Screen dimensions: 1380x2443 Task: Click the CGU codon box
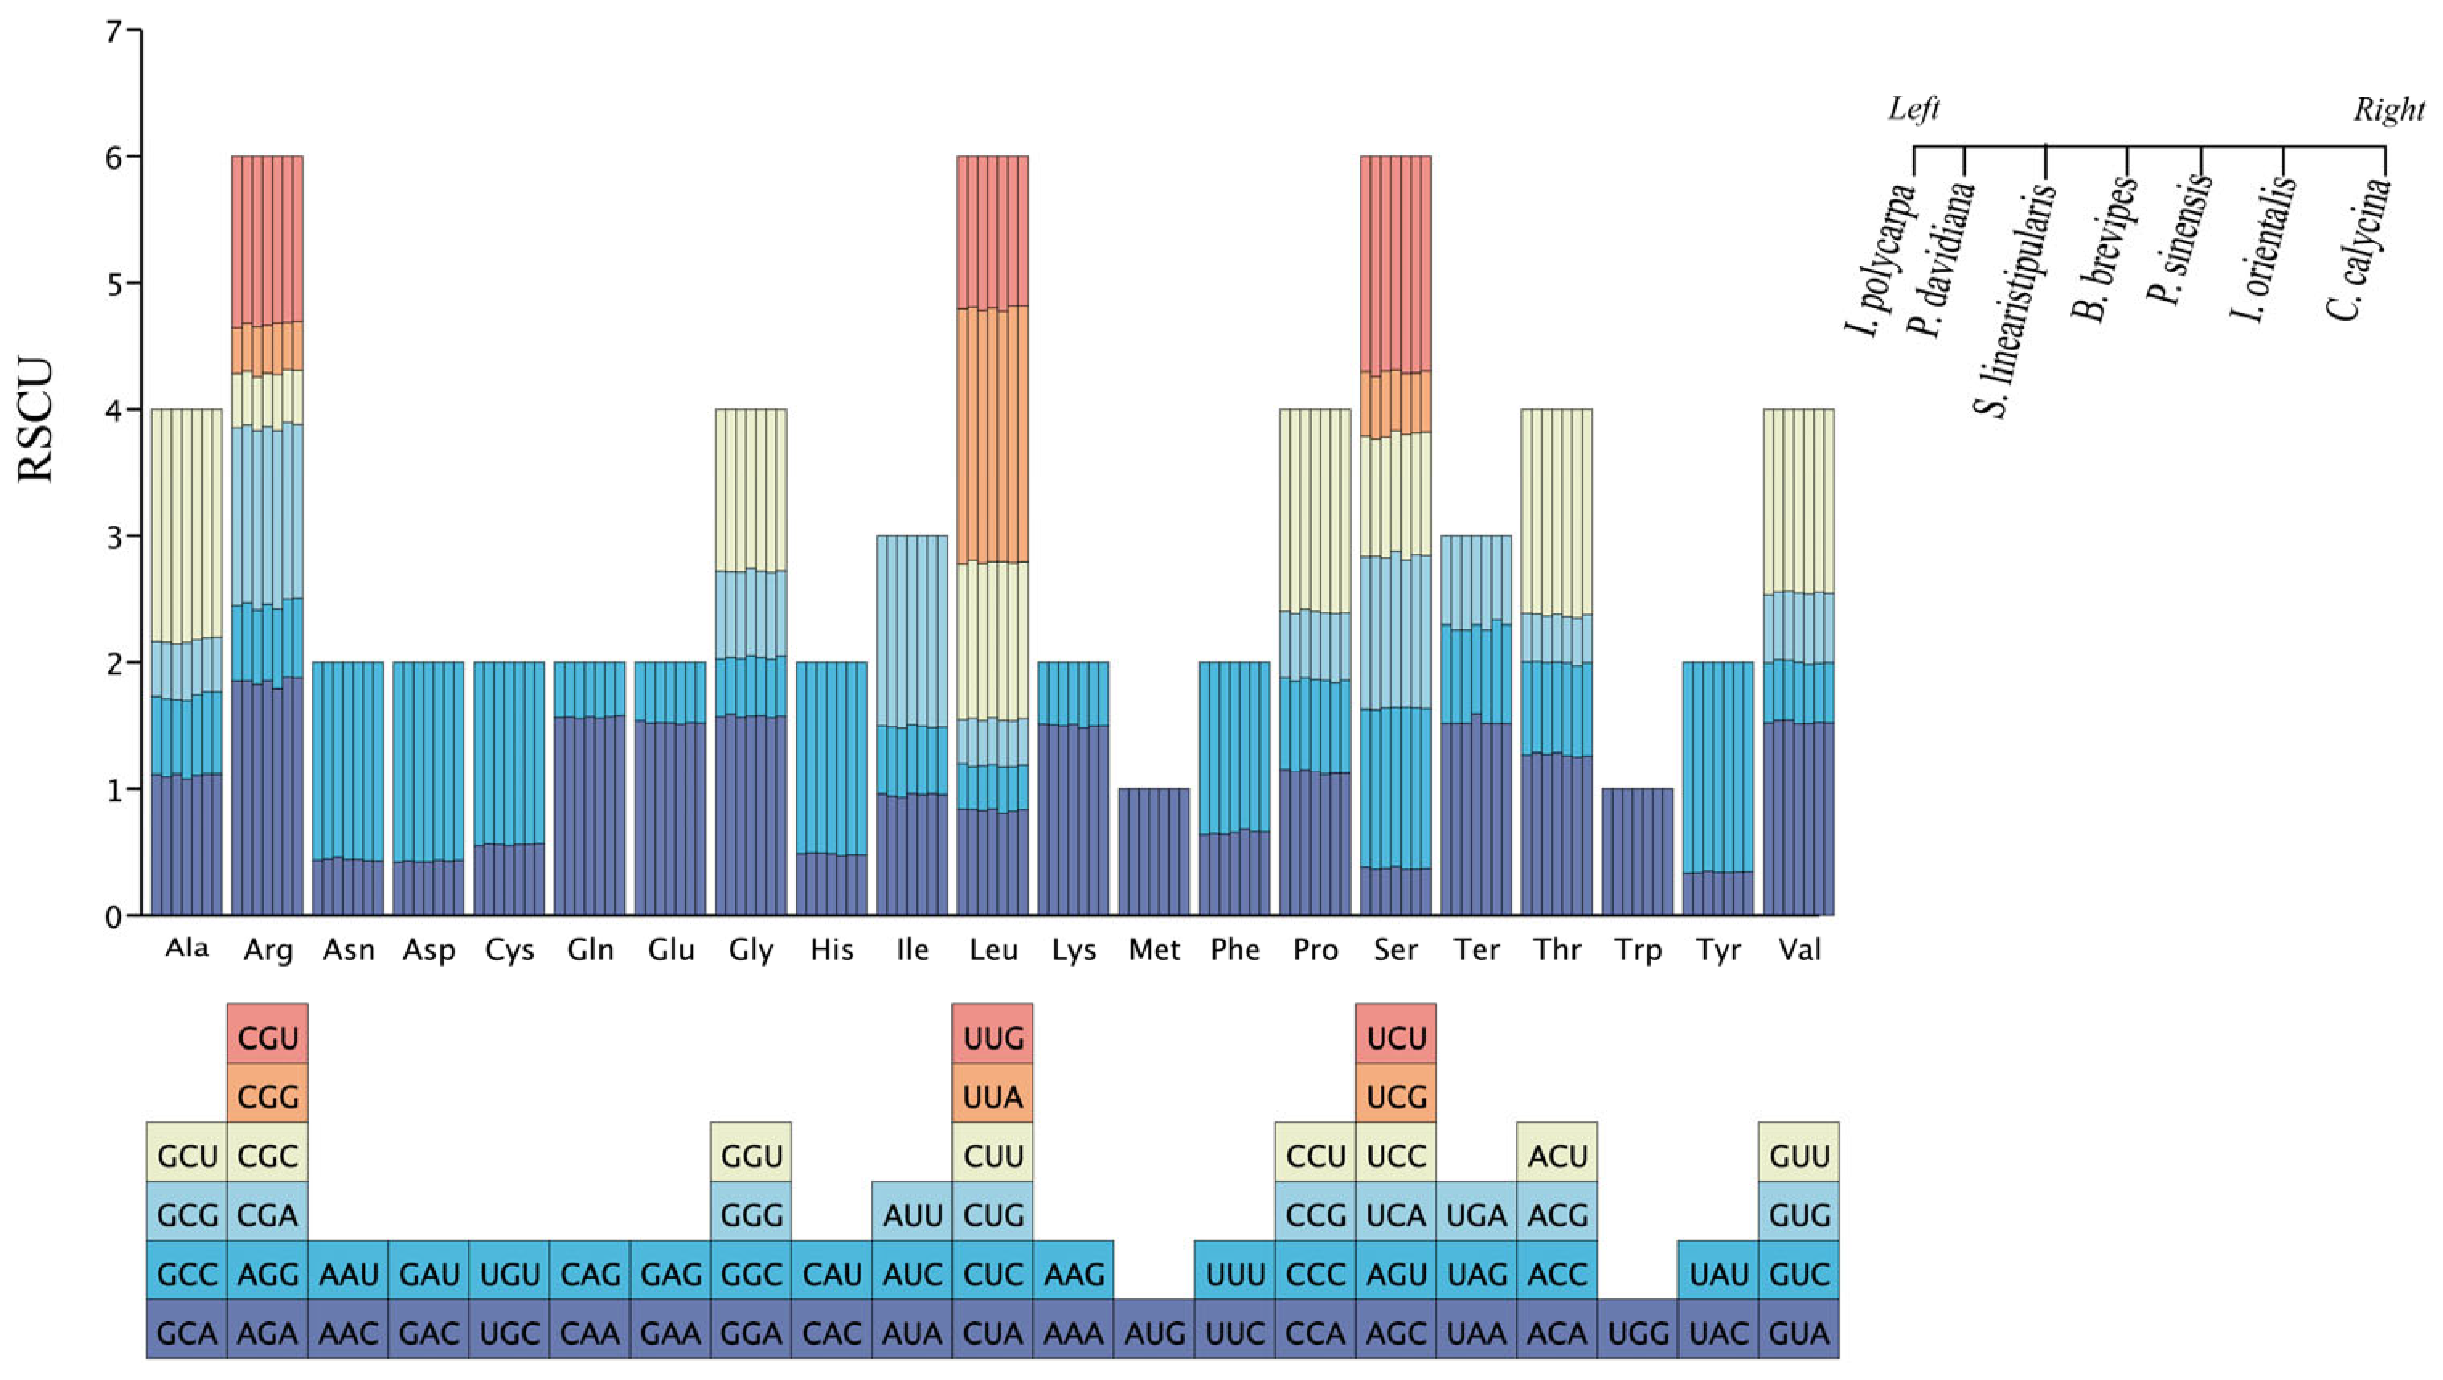click(268, 1038)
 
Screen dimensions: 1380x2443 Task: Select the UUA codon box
click(993, 1097)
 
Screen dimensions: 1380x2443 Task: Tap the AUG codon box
click(1154, 1333)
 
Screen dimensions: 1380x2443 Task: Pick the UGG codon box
click(1638, 1333)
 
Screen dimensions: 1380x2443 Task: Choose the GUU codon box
click(1799, 1157)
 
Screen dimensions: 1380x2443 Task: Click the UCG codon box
click(1396, 1097)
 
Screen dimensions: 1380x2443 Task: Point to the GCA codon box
click(186, 1333)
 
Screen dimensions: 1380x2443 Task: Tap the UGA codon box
click(1476, 1215)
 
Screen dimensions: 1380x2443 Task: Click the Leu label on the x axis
click(993, 949)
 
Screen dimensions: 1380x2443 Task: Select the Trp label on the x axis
click(1638, 949)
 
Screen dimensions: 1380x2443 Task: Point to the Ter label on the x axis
click(1476, 949)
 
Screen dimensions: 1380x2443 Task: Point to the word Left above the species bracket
click(1913, 109)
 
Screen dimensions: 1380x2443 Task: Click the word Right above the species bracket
click(2388, 110)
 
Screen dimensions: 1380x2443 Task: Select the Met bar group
click(1154, 852)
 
